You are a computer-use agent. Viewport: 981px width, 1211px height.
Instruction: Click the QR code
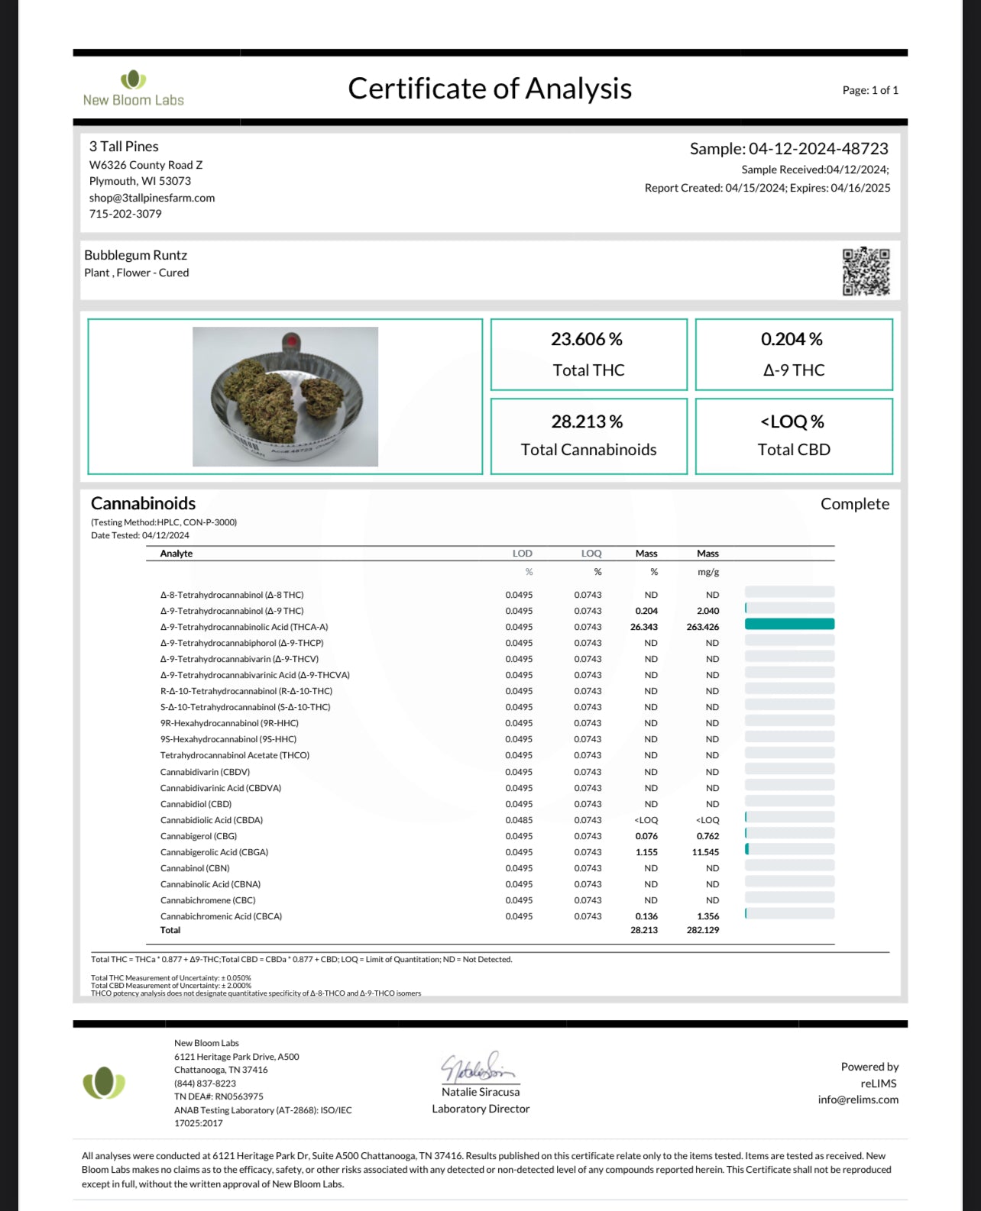[x=866, y=271]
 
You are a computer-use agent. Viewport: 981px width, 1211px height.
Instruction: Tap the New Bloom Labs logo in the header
[x=134, y=89]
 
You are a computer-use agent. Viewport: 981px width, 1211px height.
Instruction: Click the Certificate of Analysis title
[x=490, y=89]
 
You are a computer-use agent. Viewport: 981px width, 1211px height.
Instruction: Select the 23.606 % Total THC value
[x=587, y=339]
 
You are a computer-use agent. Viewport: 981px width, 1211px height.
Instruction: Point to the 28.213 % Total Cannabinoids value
[x=587, y=421]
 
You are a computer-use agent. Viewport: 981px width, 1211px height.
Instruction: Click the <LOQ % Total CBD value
[x=792, y=421]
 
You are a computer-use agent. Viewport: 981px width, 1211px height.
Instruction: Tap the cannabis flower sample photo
[x=285, y=396]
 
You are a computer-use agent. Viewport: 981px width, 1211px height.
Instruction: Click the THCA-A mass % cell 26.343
[x=644, y=627]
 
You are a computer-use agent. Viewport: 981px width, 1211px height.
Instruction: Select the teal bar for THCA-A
[x=789, y=624]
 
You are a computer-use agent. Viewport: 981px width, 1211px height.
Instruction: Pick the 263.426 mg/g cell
[x=702, y=627]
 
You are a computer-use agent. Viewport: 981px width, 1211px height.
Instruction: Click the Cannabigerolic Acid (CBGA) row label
[x=214, y=852]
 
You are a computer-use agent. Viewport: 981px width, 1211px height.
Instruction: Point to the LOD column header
[x=522, y=554]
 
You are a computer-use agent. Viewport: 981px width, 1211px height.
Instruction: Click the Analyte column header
[x=176, y=554]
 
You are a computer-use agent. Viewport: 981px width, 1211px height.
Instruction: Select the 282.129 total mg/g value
[x=702, y=930]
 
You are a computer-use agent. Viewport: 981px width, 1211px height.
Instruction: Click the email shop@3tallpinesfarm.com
[x=152, y=198]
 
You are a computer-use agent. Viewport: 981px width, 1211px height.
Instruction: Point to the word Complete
[x=854, y=504]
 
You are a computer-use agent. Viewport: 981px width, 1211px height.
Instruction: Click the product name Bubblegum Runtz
[x=135, y=255]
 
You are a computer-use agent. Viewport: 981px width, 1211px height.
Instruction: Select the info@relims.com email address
[x=858, y=1100]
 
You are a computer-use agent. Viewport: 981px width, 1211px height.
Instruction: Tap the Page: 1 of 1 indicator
[x=870, y=90]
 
